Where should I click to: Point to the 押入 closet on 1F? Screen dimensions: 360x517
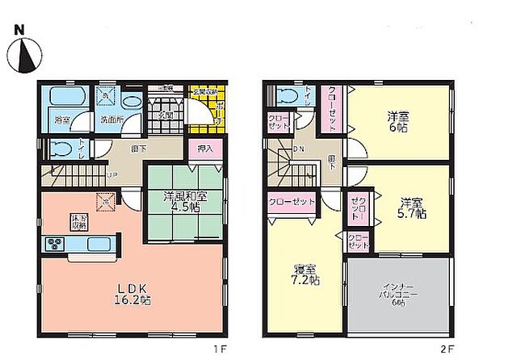(x=205, y=149)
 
